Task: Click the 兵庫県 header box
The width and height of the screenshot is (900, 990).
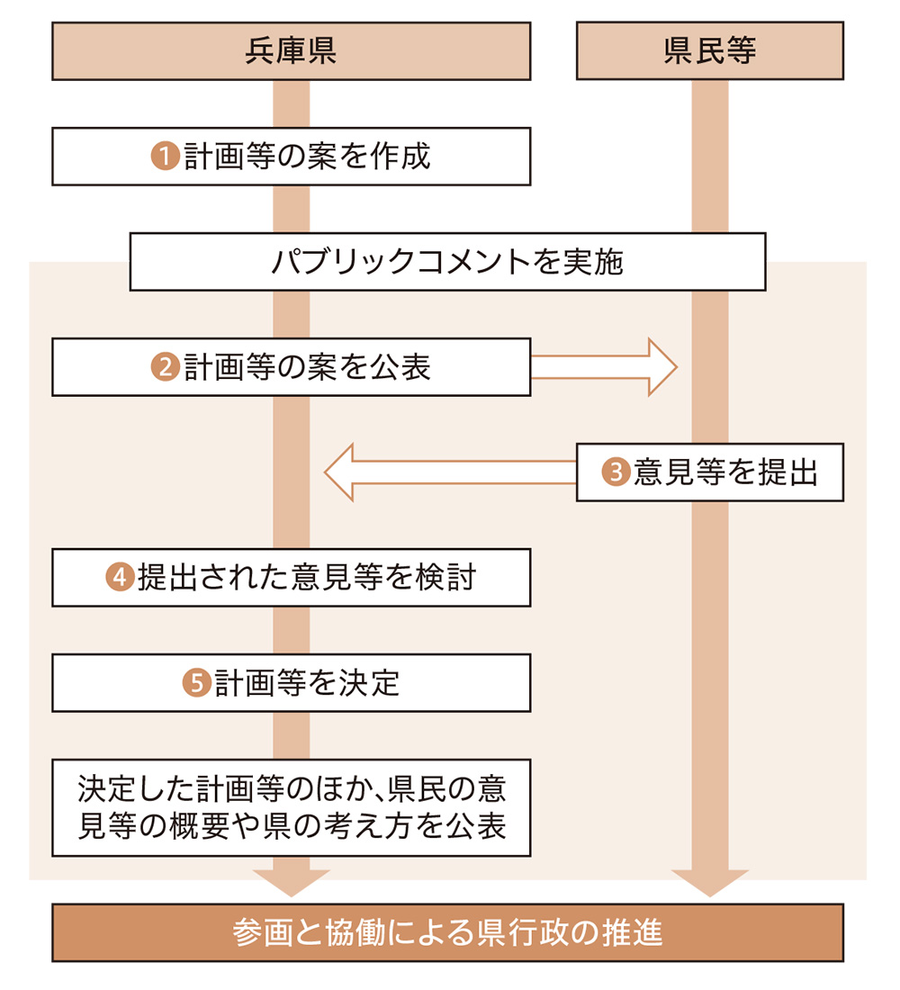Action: (x=291, y=51)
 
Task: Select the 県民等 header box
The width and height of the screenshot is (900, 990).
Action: (x=709, y=51)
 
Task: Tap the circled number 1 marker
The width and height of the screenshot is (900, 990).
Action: (x=165, y=157)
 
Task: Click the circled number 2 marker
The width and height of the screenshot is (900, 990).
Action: (x=165, y=367)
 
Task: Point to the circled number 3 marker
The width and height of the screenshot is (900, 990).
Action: (x=616, y=472)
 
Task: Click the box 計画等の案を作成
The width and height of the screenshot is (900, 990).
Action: (x=291, y=157)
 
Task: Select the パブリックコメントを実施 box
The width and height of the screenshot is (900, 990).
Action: (x=447, y=262)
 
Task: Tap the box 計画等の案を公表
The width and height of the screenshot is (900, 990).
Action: (x=291, y=367)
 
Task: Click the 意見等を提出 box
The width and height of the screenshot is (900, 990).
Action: (x=709, y=472)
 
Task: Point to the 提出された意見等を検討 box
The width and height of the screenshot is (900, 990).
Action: (x=291, y=578)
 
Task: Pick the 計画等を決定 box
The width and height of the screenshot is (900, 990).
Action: (x=291, y=683)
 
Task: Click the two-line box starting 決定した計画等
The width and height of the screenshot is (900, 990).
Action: (x=291, y=807)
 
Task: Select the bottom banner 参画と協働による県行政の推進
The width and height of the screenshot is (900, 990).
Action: (x=447, y=933)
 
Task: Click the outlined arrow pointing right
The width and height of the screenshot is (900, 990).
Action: (x=603, y=367)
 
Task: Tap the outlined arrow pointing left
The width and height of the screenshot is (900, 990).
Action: (x=450, y=472)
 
